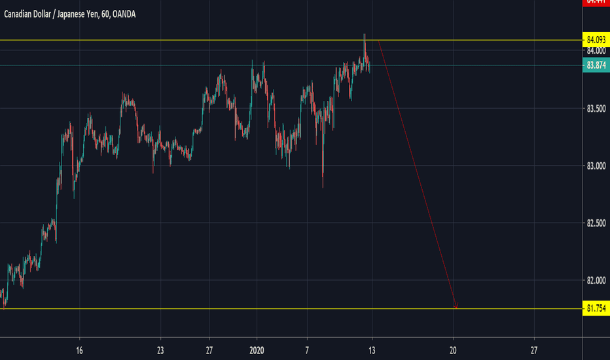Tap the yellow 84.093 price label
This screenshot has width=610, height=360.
click(595, 41)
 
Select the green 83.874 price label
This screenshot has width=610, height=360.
click(595, 65)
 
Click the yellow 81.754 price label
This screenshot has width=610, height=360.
click(595, 308)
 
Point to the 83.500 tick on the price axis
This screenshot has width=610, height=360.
click(595, 108)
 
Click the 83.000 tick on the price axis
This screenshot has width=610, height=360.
click(595, 166)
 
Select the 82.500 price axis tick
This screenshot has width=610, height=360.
click(595, 223)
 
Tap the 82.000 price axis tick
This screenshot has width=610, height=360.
click(595, 281)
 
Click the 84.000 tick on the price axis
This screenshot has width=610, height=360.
click(595, 51)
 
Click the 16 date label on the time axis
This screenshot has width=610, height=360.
click(79, 350)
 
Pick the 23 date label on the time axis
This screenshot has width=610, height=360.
click(160, 350)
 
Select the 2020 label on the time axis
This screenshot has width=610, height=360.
click(257, 350)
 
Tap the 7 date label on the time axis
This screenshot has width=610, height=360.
click(306, 350)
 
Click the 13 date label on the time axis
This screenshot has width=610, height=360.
click(372, 350)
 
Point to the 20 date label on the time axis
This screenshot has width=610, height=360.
click(453, 350)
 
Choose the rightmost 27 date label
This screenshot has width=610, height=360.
click(534, 350)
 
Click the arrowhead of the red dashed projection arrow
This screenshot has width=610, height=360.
click(456, 306)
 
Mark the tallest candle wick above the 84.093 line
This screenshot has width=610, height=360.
click(365, 35)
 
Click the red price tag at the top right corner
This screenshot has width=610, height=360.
click(595, 3)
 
